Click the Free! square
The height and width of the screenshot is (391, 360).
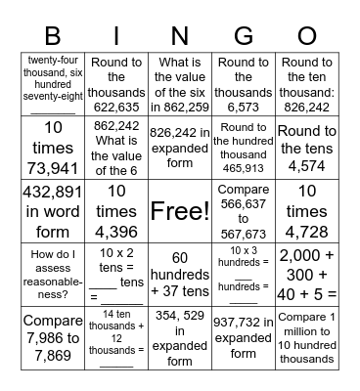click(x=180, y=210)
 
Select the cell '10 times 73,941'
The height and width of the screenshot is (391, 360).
click(x=53, y=147)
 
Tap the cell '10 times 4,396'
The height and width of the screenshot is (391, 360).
click(x=116, y=210)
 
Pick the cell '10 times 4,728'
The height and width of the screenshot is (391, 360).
click(x=307, y=210)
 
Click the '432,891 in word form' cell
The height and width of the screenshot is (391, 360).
click(x=53, y=210)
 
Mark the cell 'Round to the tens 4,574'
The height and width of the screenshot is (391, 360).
click(x=307, y=147)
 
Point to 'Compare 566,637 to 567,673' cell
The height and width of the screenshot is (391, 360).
click(x=244, y=210)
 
